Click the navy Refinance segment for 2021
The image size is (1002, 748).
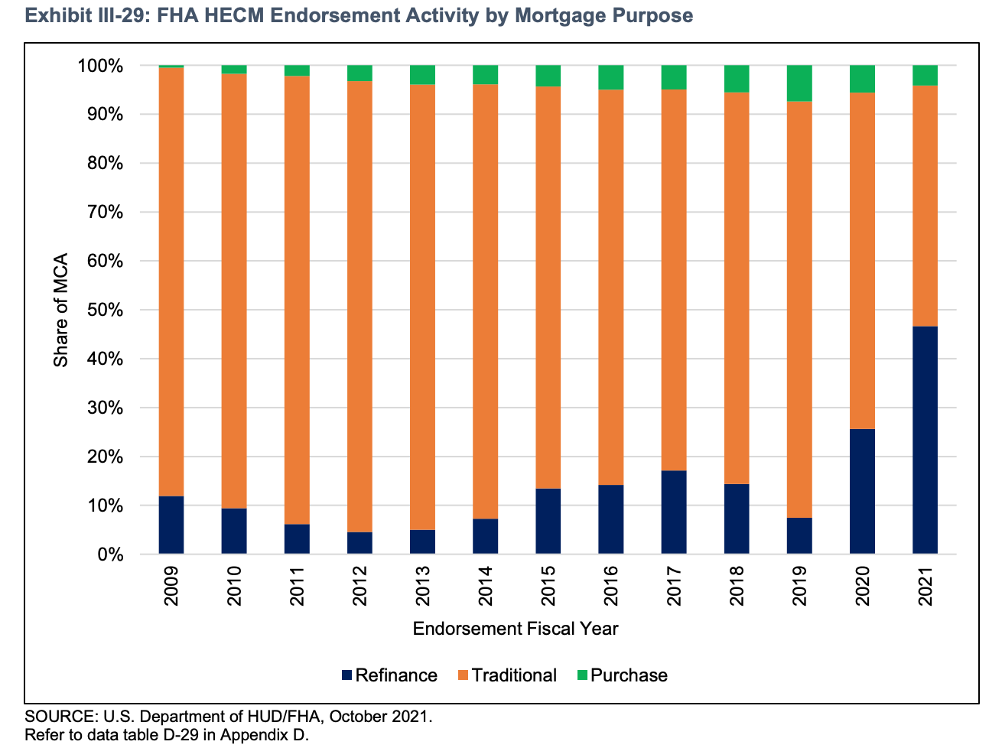(x=925, y=440)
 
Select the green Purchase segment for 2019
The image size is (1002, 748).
(x=799, y=83)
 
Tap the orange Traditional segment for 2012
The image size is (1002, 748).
(x=359, y=306)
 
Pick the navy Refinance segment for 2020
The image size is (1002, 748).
(x=862, y=491)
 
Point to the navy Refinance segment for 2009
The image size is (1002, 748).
(x=171, y=525)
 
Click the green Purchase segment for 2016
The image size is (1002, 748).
(x=610, y=77)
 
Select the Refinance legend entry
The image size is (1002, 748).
(x=389, y=675)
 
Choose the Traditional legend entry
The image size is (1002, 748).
(x=506, y=675)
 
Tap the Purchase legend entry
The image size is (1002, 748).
(x=621, y=675)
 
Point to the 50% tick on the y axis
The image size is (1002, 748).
(x=100, y=310)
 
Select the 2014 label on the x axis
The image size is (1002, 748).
(x=485, y=586)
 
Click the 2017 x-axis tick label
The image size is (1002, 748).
(x=674, y=586)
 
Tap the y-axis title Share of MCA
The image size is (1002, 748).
(x=60, y=309)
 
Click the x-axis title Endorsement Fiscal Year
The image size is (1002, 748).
(x=515, y=629)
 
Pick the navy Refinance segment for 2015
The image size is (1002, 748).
(x=548, y=521)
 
